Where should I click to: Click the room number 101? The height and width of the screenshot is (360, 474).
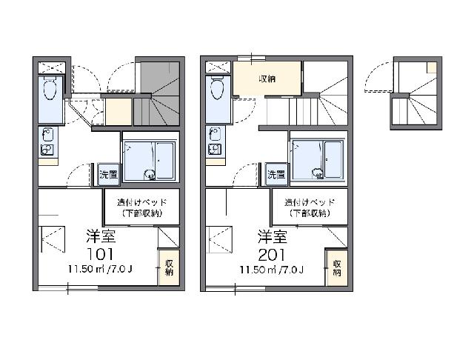[x=100, y=254]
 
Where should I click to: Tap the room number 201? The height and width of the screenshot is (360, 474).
[x=272, y=255]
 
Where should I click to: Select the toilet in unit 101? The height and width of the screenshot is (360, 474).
[x=50, y=88]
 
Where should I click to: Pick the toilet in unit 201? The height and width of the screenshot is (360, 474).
[x=217, y=88]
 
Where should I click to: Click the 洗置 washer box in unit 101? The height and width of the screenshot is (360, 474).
[x=109, y=174]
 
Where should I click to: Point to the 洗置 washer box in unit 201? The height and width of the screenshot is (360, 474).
[x=276, y=174]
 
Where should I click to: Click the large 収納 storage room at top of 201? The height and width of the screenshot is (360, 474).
[x=267, y=79]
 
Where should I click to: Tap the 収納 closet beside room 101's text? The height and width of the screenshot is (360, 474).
[x=169, y=268]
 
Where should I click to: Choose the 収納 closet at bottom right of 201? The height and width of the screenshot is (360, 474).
[x=336, y=268]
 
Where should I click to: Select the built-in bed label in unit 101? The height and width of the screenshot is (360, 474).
[x=142, y=207]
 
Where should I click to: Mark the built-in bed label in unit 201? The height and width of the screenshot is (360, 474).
[x=310, y=207]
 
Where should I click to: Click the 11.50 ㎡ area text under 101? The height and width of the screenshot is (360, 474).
[x=100, y=269]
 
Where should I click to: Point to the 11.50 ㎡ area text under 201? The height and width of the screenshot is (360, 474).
[x=272, y=269]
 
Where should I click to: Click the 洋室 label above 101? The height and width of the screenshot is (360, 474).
[x=101, y=236]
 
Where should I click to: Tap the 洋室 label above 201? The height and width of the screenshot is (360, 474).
[x=273, y=236]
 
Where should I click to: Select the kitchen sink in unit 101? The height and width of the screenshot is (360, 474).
[x=47, y=135]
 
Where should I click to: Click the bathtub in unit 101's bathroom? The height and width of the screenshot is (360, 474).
[x=164, y=161]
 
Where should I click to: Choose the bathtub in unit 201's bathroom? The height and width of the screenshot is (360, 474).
[x=333, y=159]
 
